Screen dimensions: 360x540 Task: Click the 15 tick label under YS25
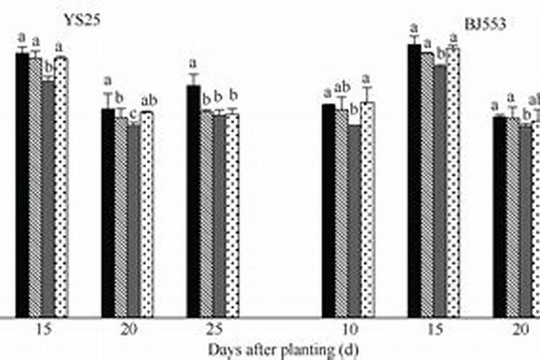pyautogui.click(x=42, y=330)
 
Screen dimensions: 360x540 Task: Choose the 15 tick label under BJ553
pyautogui.click(x=433, y=330)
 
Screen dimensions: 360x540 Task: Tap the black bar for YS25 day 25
pyautogui.click(x=193, y=202)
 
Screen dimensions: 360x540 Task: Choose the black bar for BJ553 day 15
pyautogui.click(x=414, y=181)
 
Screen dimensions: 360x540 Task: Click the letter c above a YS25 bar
pyautogui.click(x=134, y=112)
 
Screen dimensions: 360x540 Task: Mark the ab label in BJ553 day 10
pyautogui.click(x=341, y=89)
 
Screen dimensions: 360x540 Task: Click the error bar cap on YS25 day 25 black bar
pyautogui.click(x=193, y=74)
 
